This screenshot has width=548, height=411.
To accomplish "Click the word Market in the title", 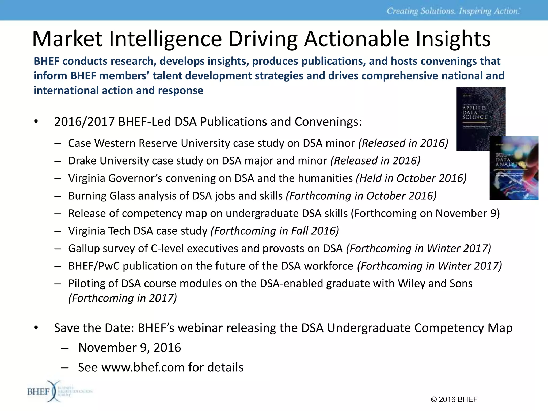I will coord(67,39).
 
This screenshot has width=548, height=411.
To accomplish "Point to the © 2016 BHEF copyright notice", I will coord(454,399).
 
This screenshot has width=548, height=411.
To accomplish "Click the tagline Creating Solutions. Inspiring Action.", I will coord(453,11).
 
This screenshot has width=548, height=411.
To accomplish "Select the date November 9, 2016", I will coord(130,348).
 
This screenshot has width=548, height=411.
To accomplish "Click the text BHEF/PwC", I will coord(94,266).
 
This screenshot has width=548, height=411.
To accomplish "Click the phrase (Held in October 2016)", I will coord(411,178).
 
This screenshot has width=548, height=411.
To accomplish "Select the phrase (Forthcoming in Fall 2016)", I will coord(275,231).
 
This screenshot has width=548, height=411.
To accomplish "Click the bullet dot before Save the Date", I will coord(36,328).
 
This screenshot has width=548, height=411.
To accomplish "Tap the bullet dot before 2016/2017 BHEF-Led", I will coord(36,121).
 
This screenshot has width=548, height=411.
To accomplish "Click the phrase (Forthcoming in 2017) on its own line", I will coord(123,298).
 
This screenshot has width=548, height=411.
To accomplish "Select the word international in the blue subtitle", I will coord(66,90).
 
